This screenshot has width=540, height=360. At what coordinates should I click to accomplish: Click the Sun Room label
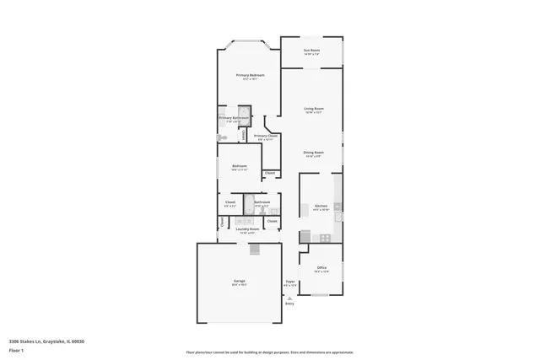tap(311, 51)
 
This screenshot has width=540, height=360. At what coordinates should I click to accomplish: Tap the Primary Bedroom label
tap(250, 75)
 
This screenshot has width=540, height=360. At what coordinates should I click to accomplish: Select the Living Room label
tap(314, 109)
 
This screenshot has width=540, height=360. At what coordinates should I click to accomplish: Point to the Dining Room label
tap(314, 153)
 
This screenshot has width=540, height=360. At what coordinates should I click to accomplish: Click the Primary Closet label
tap(266, 136)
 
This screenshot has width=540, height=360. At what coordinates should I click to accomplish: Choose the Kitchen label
tap(321, 206)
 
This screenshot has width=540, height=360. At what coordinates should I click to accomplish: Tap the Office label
tap(321, 268)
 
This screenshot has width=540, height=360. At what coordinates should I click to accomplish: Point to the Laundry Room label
tap(246, 229)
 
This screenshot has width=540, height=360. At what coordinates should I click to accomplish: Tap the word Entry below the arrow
tap(289, 304)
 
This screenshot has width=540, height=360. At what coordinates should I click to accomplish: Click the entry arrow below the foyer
tap(289, 297)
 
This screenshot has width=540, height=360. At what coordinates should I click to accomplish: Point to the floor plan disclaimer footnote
tap(269, 352)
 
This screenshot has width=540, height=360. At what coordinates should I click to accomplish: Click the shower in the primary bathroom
tap(243, 115)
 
